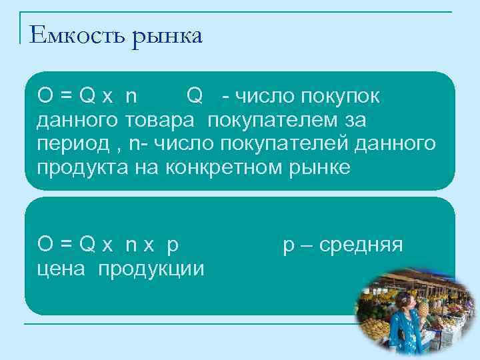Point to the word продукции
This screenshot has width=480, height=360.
click(153, 269)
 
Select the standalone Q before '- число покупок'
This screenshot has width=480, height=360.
click(195, 97)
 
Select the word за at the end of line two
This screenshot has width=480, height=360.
click(354, 121)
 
